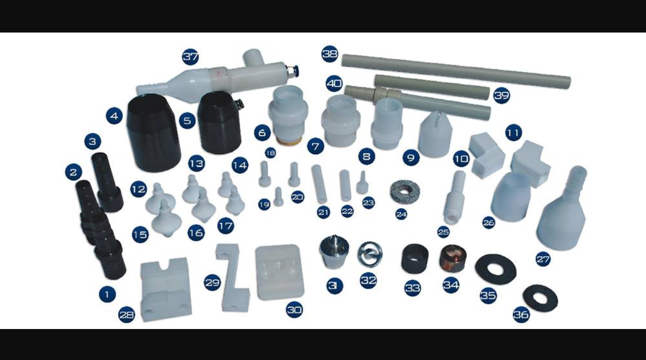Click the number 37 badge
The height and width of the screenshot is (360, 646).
pyautogui.click(x=190, y=57)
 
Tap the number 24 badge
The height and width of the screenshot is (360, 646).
pyautogui.click(x=401, y=214)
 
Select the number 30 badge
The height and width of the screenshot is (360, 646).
pyautogui.click(x=294, y=310)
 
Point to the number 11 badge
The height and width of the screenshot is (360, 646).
pyautogui.click(x=514, y=133)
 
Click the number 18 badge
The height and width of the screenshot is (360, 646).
pyautogui.click(x=270, y=153)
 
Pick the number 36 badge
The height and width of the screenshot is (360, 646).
pyautogui.click(x=521, y=315)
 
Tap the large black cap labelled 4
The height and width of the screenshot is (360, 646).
pyautogui.click(x=153, y=133)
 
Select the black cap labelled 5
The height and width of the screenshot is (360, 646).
pyautogui.click(x=220, y=123)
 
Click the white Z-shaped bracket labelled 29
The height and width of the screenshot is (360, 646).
pyautogui.click(x=233, y=278)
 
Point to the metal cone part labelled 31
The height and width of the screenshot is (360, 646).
pyautogui.click(x=334, y=252)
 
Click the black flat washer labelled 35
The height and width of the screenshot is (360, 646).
pyautogui.click(x=496, y=269)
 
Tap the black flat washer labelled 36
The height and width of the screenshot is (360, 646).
pyautogui.click(x=540, y=299)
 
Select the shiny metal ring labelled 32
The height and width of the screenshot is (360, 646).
pyautogui.click(x=370, y=254)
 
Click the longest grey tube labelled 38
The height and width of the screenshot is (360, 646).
pyautogui.click(x=456, y=71)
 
